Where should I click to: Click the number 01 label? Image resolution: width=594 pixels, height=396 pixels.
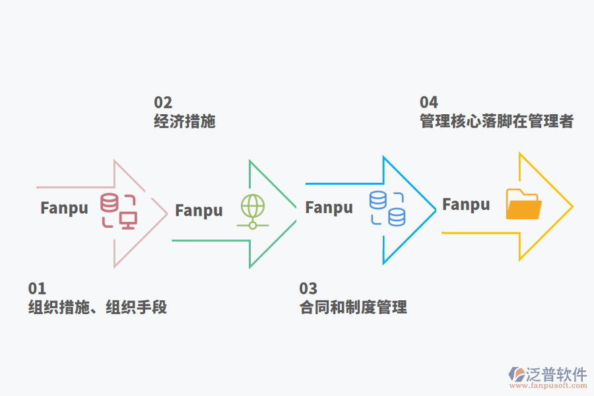point(37,288)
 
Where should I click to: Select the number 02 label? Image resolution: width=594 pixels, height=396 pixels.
point(163,102)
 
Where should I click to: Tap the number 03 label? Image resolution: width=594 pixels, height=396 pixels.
point(308,288)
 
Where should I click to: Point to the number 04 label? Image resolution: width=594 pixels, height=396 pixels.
point(429,102)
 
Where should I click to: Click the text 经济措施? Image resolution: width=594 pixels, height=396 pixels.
point(185,121)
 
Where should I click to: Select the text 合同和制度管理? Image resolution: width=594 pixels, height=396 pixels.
point(353,308)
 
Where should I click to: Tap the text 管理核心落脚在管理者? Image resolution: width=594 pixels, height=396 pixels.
point(497,121)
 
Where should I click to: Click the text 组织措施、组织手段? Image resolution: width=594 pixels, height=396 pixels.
point(98,308)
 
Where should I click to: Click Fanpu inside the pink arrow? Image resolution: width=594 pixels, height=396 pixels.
point(64,208)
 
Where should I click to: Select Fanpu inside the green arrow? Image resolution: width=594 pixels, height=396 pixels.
point(199,211)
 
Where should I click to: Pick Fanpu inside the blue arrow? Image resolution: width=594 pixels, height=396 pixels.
point(329,207)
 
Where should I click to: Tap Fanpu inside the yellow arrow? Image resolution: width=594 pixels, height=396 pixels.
point(466,205)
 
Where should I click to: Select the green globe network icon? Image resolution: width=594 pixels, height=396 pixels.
point(253,211)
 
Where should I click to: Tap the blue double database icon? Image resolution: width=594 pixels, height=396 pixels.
point(387,208)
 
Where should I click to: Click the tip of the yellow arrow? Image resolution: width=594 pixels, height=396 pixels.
point(572,207)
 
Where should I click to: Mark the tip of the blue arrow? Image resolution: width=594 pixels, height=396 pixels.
point(436,210)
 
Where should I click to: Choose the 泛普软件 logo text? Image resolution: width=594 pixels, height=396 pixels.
point(556,374)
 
